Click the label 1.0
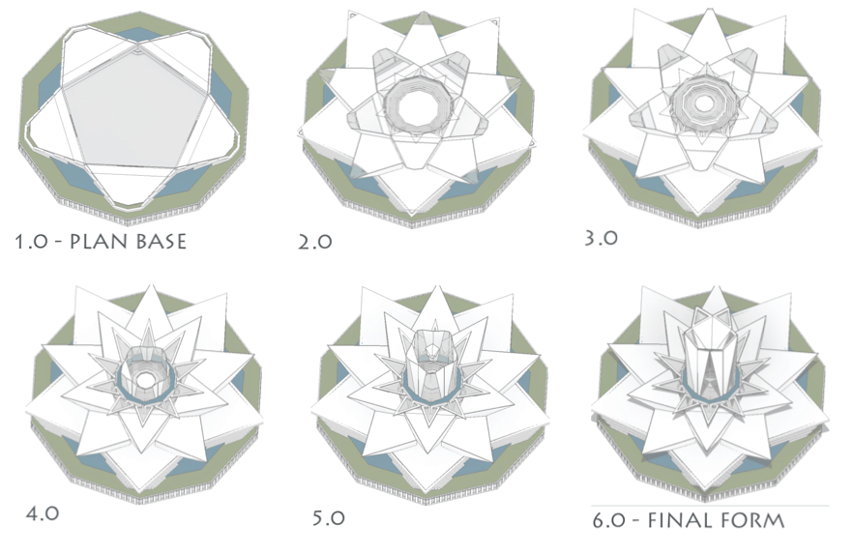point(32,242)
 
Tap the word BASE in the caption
point(162,241)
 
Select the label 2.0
point(315,242)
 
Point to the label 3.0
point(601,238)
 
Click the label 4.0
point(43,513)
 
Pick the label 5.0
point(329,517)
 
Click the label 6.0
point(609,521)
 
